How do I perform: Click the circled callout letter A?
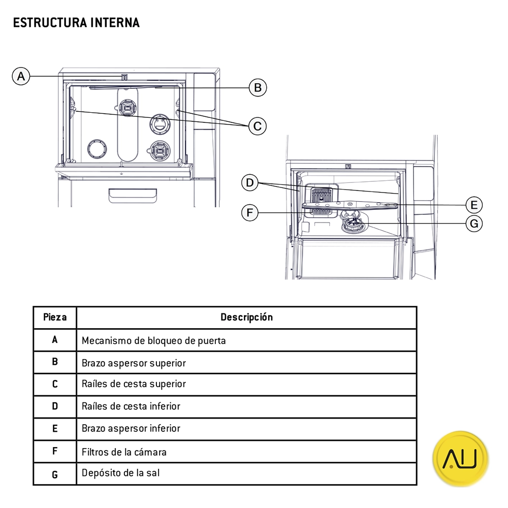[x=20, y=76]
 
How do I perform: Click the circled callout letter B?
[x=258, y=88]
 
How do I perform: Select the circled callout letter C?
[x=258, y=125]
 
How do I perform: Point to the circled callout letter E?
[x=473, y=205]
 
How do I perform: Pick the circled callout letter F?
[x=249, y=212]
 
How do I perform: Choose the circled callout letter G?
[x=473, y=224]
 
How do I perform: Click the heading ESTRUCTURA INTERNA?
[x=76, y=23]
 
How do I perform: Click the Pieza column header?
[x=55, y=317]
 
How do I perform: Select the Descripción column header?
[x=246, y=317]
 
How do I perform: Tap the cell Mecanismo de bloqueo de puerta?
[x=153, y=340]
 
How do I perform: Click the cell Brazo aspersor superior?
[x=134, y=363]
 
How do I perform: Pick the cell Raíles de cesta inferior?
[x=131, y=406]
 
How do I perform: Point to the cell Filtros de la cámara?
[x=124, y=452]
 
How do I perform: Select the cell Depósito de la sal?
[x=120, y=473]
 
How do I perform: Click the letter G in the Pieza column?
[x=55, y=474]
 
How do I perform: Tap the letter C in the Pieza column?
[x=55, y=385]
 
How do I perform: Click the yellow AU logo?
[x=460, y=458]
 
